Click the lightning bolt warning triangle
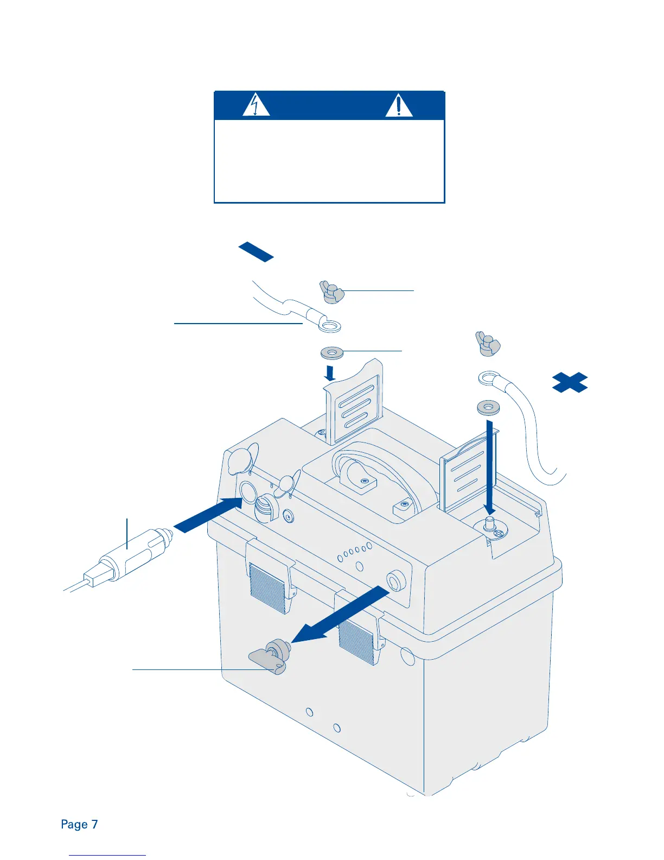tap(256, 105)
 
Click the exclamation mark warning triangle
tap(399, 105)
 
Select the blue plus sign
tap(570, 382)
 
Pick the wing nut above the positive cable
tap(487, 343)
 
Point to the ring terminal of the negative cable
tap(329, 325)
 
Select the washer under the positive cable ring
tap(489, 407)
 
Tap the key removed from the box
tap(269, 656)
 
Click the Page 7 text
tap(79, 824)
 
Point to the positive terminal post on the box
tap(490, 524)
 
